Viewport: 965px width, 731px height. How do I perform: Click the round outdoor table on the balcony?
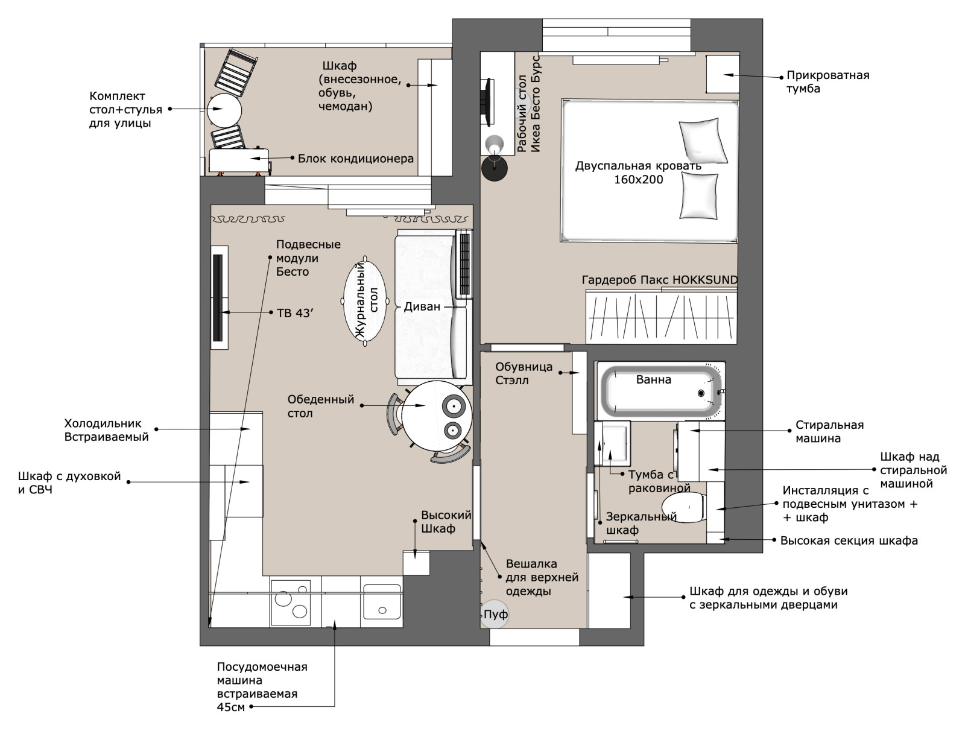[224, 110]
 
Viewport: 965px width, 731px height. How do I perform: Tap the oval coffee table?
[365, 301]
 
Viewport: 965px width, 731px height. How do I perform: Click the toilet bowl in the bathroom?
[683, 507]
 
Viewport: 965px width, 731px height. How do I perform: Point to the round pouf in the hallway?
[494, 613]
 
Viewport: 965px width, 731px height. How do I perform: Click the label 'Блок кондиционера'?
[356, 159]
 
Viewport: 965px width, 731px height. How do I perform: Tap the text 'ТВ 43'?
[295, 313]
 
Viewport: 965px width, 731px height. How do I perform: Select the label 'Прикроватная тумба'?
[828, 82]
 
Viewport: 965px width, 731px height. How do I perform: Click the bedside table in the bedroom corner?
[723, 74]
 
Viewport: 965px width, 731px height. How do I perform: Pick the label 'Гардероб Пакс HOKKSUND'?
[659, 280]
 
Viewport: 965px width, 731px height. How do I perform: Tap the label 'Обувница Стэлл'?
[524, 373]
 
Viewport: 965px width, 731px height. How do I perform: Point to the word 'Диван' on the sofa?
[422, 307]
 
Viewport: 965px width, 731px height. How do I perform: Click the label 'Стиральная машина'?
[829, 431]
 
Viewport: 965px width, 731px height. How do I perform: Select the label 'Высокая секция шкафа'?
[849, 540]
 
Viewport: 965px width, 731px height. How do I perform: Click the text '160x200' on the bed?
[638, 179]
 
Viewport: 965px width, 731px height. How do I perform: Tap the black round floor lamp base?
[495, 168]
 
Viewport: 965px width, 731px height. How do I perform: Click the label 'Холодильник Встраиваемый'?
[106, 430]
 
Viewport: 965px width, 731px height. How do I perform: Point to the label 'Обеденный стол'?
[320, 406]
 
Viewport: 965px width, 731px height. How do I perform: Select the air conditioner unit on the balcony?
[239, 161]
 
